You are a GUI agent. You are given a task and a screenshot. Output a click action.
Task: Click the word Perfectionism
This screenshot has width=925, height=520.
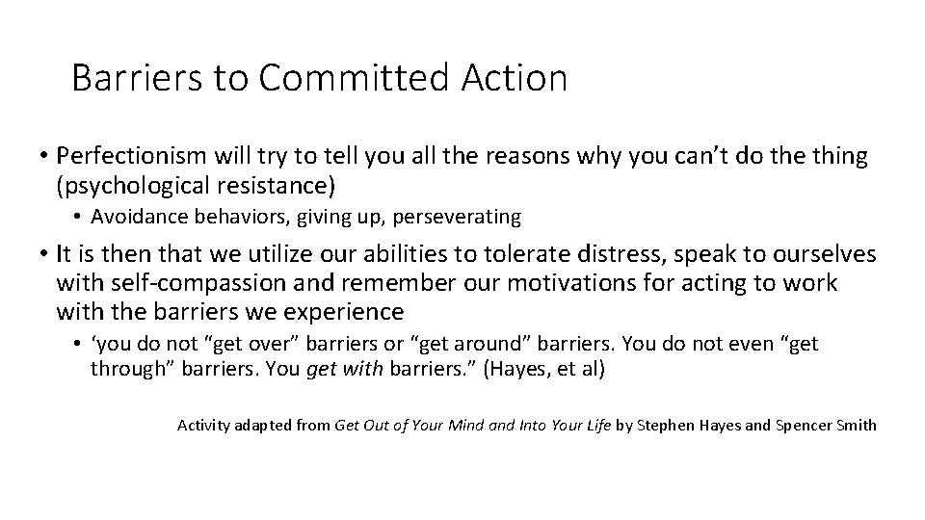click(133, 156)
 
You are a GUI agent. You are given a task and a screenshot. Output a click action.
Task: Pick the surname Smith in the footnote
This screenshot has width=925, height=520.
click(856, 425)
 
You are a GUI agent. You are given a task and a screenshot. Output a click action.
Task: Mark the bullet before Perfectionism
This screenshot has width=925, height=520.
click(45, 156)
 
